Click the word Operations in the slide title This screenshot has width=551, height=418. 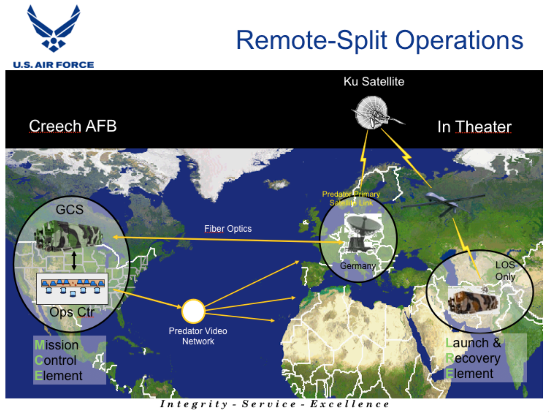point(459,41)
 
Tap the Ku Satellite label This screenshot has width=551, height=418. point(374,82)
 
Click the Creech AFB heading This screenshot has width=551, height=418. point(72,126)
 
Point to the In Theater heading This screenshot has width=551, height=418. point(474,127)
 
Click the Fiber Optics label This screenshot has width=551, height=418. point(228,229)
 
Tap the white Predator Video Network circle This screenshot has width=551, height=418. point(193,311)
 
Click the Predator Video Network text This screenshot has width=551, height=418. point(198,336)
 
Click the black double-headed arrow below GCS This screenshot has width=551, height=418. point(74,260)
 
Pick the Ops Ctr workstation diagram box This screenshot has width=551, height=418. point(72,288)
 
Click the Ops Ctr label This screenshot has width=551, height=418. point(72,312)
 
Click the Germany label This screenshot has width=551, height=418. point(358,266)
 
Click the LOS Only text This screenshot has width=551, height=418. point(505,271)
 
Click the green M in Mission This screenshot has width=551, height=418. point(39,345)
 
